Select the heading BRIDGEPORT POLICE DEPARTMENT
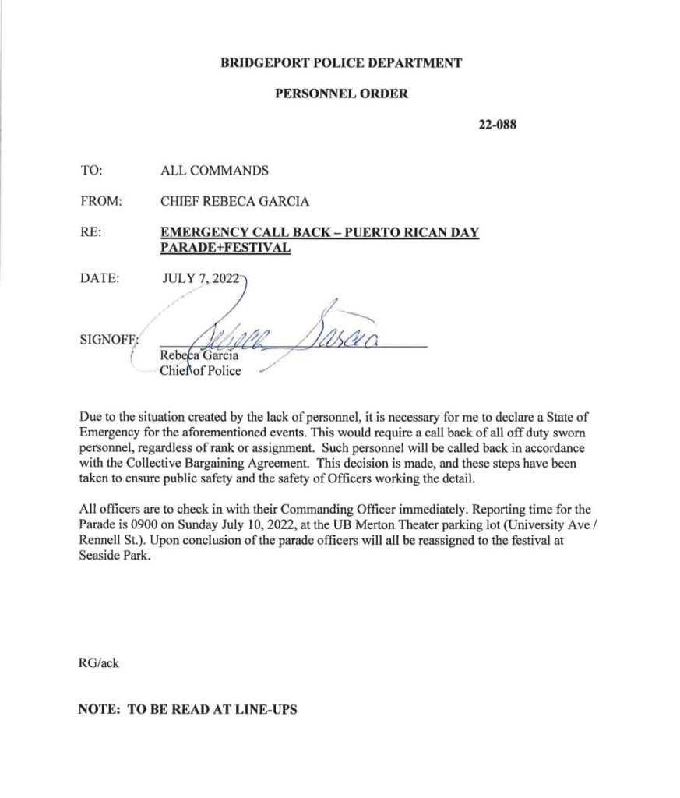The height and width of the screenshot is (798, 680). [342, 63]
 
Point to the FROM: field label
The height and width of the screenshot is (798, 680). [100, 201]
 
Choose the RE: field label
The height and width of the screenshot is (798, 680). [90, 232]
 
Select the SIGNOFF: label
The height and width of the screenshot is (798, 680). [107, 340]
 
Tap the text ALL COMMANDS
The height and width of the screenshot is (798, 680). [214, 170]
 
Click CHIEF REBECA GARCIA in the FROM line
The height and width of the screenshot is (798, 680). [234, 201]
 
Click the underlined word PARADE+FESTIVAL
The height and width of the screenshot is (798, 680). [225, 247]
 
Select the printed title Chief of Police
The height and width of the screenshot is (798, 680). [199, 370]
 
